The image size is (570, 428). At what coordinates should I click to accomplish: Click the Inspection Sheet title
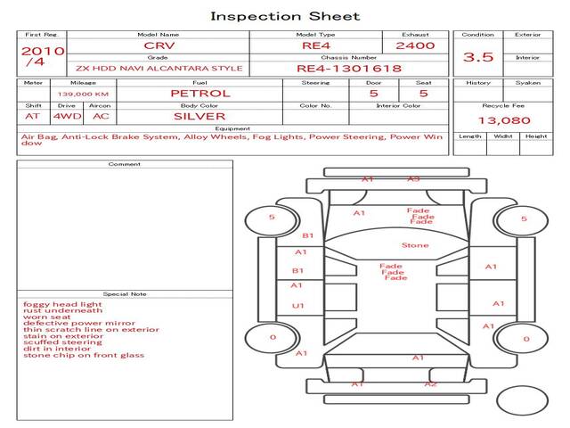[x=285, y=16]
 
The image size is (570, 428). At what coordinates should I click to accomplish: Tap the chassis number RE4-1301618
[x=348, y=68]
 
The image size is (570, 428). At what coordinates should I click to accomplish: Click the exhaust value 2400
[x=415, y=45]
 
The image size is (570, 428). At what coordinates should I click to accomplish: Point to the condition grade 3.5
[x=478, y=57]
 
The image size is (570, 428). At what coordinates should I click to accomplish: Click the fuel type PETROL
[x=200, y=93]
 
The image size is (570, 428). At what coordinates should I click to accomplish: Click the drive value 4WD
[x=64, y=116]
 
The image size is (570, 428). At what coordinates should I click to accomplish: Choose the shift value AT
[x=33, y=116]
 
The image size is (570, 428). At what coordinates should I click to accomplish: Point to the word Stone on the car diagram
[x=415, y=245]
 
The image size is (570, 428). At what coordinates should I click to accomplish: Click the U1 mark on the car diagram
[x=298, y=306]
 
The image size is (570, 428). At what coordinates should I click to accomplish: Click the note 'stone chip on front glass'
[x=84, y=355]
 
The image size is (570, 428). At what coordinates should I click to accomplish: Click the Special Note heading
[x=124, y=293]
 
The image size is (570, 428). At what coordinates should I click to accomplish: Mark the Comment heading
[x=124, y=164]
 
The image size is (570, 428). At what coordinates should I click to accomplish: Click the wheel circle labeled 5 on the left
[x=272, y=217]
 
